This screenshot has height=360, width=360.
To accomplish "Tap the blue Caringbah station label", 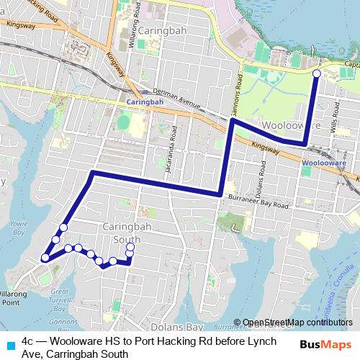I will pyautogui.click(x=145, y=102).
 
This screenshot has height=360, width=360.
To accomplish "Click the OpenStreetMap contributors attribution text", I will pyautogui.click(x=297, y=323).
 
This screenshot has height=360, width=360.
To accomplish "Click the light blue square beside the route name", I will pyautogui.click(x=11, y=343).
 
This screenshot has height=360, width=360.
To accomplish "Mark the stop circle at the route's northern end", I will pyautogui.click(x=317, y=73).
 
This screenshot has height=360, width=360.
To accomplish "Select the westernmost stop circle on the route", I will pyautogui.click(x=45, y=257).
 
